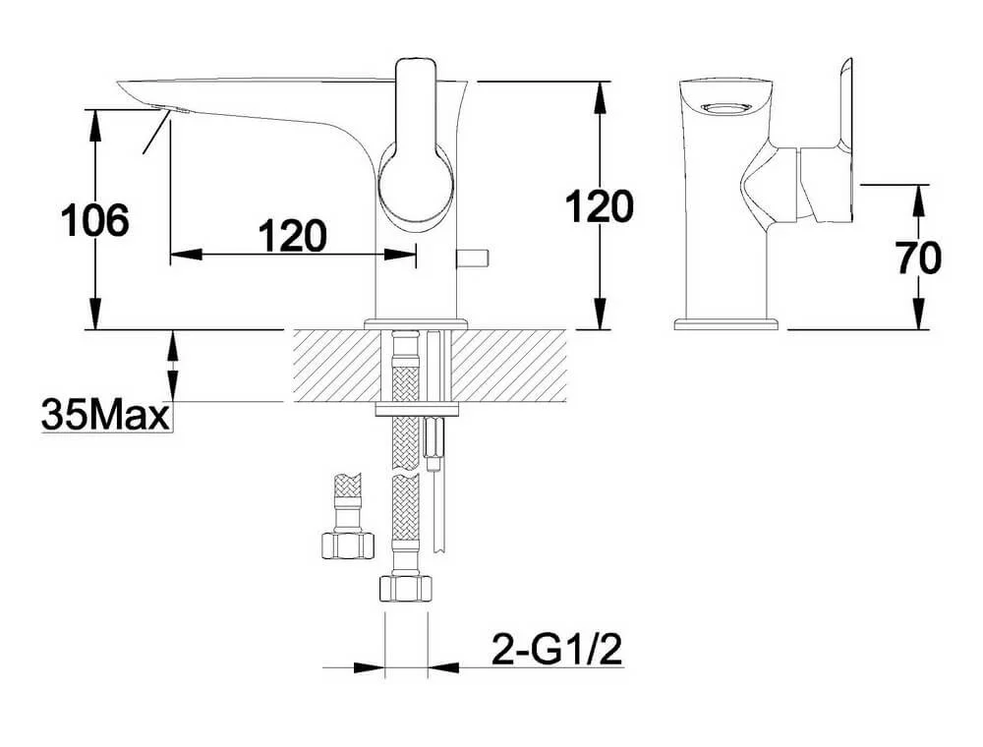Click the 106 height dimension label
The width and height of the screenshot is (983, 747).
point(94,220)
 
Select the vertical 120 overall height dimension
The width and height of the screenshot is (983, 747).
point(600,206)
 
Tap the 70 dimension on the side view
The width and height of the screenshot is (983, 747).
point(919,258)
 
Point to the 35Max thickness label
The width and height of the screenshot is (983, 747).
point(105,415)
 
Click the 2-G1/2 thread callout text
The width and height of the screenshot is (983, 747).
point(557,650)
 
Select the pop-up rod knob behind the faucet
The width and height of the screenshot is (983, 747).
point(473,258)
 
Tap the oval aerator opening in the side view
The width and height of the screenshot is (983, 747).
point(725,108)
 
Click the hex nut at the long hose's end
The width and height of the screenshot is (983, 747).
point(406,588)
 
